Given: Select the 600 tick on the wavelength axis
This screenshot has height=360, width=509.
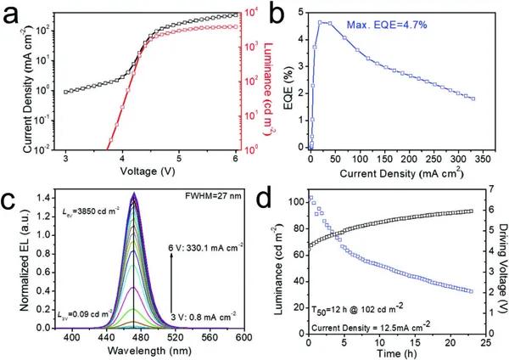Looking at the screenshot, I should pyautogui.click(x=241, y=337).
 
